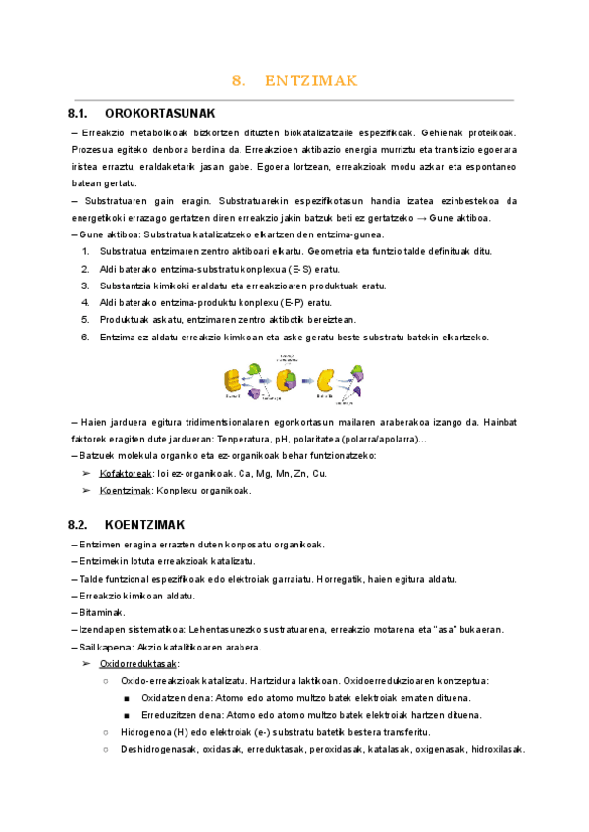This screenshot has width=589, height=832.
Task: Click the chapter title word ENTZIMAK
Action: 311,80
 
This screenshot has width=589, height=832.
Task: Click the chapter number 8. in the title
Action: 237,80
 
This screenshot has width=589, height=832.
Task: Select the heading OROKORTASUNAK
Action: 159,114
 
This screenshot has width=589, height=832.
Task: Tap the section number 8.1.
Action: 84,114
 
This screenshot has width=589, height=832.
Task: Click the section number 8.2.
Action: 84,525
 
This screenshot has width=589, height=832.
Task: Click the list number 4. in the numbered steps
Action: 85,302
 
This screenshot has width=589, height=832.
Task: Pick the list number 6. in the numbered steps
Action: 85,337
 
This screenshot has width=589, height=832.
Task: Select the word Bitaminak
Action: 102,612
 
